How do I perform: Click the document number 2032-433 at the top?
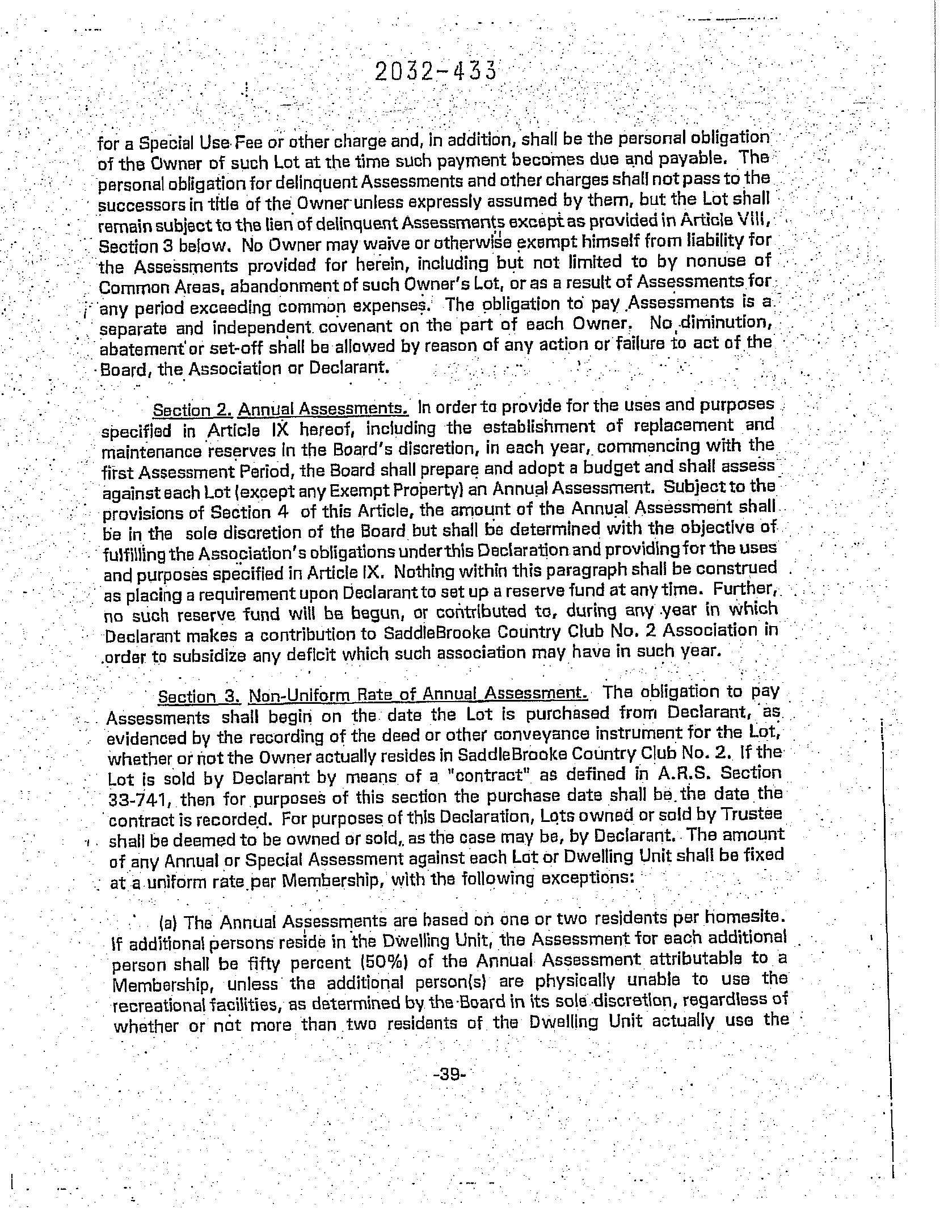pyautogui.click(x=436, y=72)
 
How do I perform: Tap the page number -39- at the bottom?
pyautogui.click(x=448, y=1074)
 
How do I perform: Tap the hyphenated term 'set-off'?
pyautogui.click(x=224, y=347)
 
